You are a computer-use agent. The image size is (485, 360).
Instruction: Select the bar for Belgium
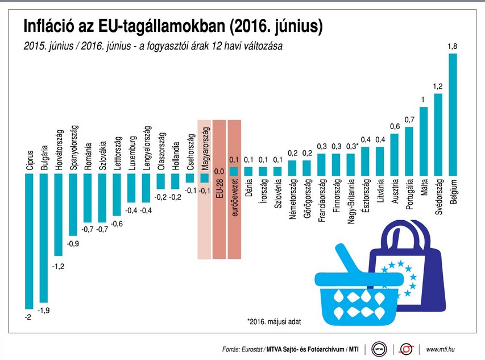click(x=453, y=114)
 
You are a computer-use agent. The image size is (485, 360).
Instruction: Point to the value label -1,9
click(x=44, y=311)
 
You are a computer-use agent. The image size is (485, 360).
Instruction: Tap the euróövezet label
click(x=234, y=197)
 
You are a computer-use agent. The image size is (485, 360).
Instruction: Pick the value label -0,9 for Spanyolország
click(x=73, y=244)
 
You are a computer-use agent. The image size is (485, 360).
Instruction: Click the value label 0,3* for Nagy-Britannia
click(x=351, y=147)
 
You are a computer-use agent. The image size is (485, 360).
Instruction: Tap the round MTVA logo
click(x=379, y=349)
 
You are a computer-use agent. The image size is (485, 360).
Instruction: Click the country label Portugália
click(x=409, y=194)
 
